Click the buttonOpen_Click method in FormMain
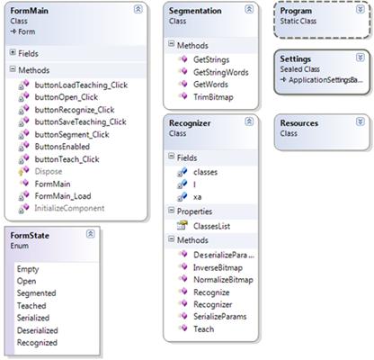pyautogui.click(x=67, y=97)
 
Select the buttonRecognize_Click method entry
pyautogui.click(x=75, y=110)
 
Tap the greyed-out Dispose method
pyautogui.click(x=49, y=171)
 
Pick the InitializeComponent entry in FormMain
pyautogui.click(x=69, y=208)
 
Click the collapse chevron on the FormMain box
pyautogui.click(x=138, y=9)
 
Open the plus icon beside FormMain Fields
pyautogui.click(x=13, y=52)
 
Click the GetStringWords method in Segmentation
pyautogui.click(x=221, y=72)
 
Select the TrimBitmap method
pyautogui.click(x=213, y=97)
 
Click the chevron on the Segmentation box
pyautogui.click(x=249, y=9)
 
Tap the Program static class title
pyautogui.click(x=296, y=11)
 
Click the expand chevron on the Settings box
pyautogui.click(x=360, y=58)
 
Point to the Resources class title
pyautogui.click(x=299, y=123)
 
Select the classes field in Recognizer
pyautogui.click(x=205, y=172)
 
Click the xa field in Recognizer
pyautogui.click(x=197, y=197)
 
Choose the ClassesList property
pyautogui.click(x=211, y=226)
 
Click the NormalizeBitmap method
pyautogui.click(x=223, y=280)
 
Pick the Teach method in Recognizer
pyautogui.click(x=203, y=329)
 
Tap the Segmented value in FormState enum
pyautogui.click(x=36, y=293)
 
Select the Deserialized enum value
pyautogui.click(x=38, y=330)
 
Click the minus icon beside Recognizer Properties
pyautogui.click(x=171, y=211)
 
